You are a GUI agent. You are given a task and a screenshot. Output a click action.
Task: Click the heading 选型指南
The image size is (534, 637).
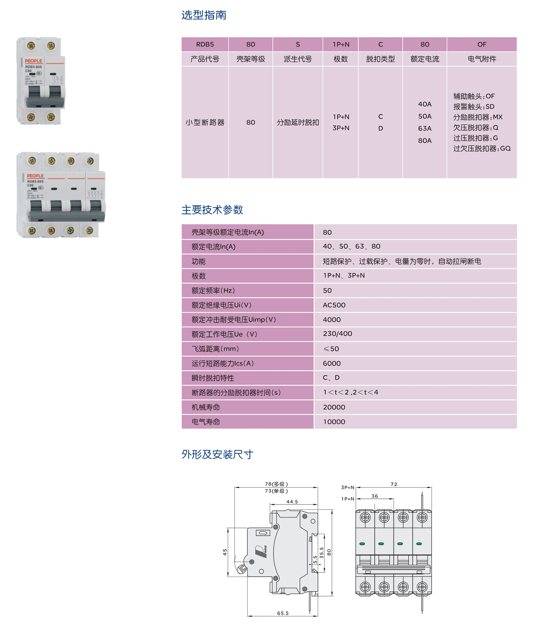[x=204, y=15]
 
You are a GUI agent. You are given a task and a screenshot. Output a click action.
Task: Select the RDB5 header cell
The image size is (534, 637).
[x=205, y=44]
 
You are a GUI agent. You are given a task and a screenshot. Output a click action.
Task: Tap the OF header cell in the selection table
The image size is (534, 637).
[x=481, y=44]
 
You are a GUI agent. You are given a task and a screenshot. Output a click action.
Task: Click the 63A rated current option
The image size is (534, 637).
[x=425, y=128]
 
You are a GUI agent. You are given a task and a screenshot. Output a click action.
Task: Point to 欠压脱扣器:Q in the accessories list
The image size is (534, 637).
[x=476, y=128]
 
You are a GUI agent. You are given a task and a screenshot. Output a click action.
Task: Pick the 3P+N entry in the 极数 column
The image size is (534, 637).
[x=341, y=128]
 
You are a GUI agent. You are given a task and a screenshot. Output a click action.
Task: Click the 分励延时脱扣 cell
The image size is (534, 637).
[x=297, y=122]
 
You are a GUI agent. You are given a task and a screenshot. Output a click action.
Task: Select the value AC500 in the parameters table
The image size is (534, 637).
[x=334, y=305]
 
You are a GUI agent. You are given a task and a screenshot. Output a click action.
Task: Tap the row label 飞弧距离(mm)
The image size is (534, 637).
[x=215, y=349]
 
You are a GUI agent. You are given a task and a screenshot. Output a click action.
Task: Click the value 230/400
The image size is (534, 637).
[x=337, y=334]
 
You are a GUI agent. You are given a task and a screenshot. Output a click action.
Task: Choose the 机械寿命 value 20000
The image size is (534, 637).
[x=334, y=407]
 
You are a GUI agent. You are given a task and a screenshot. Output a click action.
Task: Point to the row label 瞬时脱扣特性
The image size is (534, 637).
[x=213, y=378]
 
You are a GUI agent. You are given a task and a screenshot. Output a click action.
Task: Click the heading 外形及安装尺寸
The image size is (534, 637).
[x=217, y=454]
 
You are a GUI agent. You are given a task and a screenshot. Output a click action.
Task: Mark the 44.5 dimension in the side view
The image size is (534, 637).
[x=292, y=502]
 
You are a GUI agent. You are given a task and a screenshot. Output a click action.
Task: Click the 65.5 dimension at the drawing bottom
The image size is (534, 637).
[x=283, y=613]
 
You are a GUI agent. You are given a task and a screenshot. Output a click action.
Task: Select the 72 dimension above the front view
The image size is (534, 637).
[x=394, y=484]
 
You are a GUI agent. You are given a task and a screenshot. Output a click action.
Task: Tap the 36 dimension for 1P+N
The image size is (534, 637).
[x=375, y=496]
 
